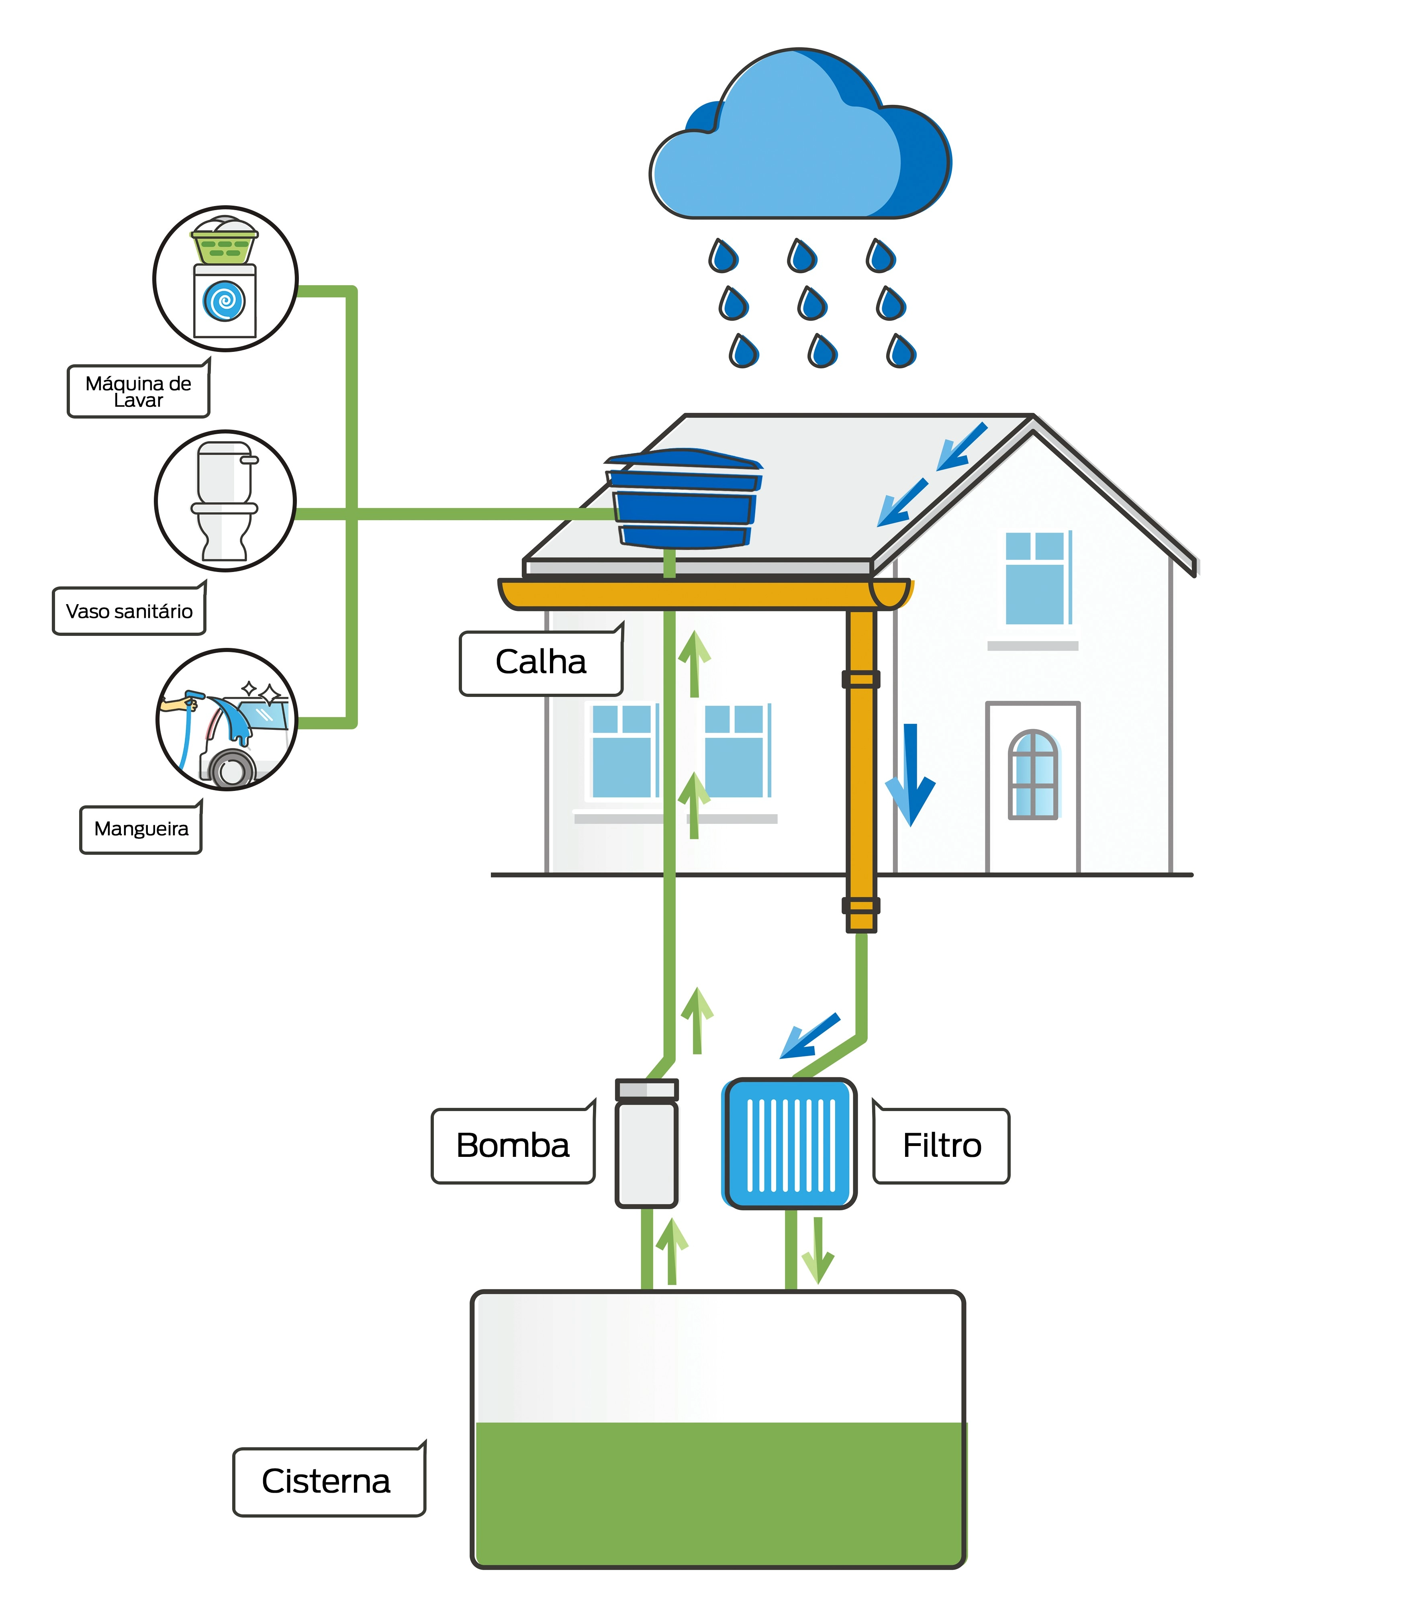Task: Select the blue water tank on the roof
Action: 683,501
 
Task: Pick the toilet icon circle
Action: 225,501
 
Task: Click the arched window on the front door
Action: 1032,775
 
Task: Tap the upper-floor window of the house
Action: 1036,579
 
